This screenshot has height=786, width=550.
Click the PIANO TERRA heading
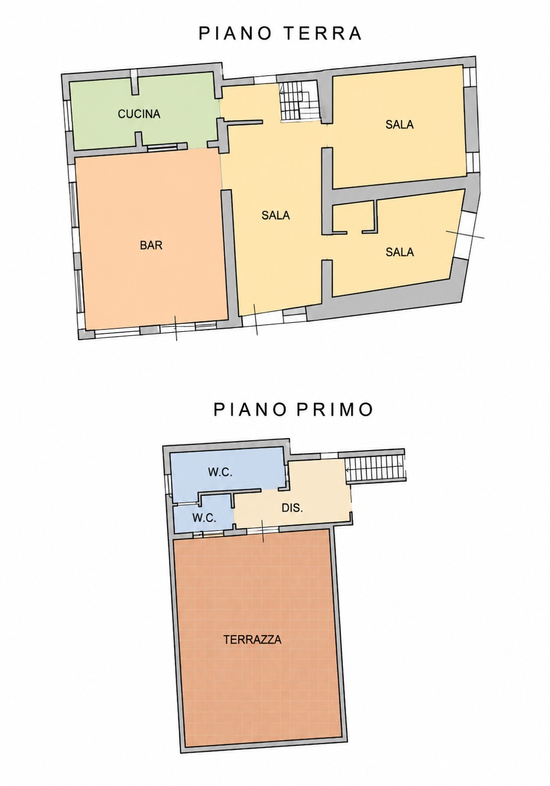280,34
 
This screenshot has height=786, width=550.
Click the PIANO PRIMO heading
293,409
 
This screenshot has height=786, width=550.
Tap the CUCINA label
139,114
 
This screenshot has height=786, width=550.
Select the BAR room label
152,245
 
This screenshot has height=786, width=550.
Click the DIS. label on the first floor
292,508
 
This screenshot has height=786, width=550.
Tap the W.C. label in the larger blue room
220,472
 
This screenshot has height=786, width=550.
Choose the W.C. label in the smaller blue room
204,518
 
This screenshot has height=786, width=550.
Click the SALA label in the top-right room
400,124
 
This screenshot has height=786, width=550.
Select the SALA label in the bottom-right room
400,252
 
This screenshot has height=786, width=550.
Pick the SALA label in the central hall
276,215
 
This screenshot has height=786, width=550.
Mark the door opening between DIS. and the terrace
263,531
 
